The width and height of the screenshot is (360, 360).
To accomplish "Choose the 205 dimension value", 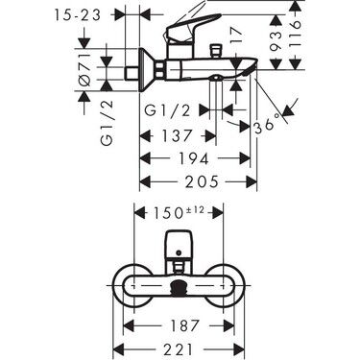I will click(x=197, y=180).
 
